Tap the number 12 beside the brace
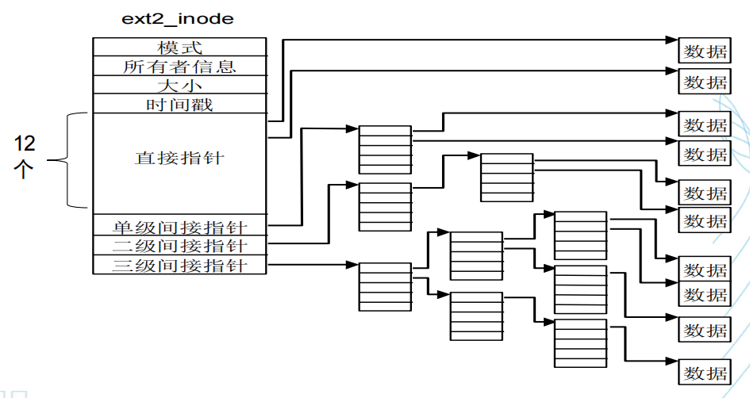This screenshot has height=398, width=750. click(25, 144)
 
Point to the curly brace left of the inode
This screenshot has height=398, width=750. click(70, 160)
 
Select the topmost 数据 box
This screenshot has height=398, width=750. click(704, 52)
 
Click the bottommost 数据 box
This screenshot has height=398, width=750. click(704, 372)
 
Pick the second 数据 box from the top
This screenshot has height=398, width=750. click(704, 82)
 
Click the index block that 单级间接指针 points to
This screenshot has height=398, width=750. click(385, 149)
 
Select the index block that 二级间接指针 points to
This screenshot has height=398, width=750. click(385, 206)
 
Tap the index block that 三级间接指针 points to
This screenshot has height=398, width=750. click(385, 286)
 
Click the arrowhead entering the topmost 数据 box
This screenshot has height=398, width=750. click(672, 39)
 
